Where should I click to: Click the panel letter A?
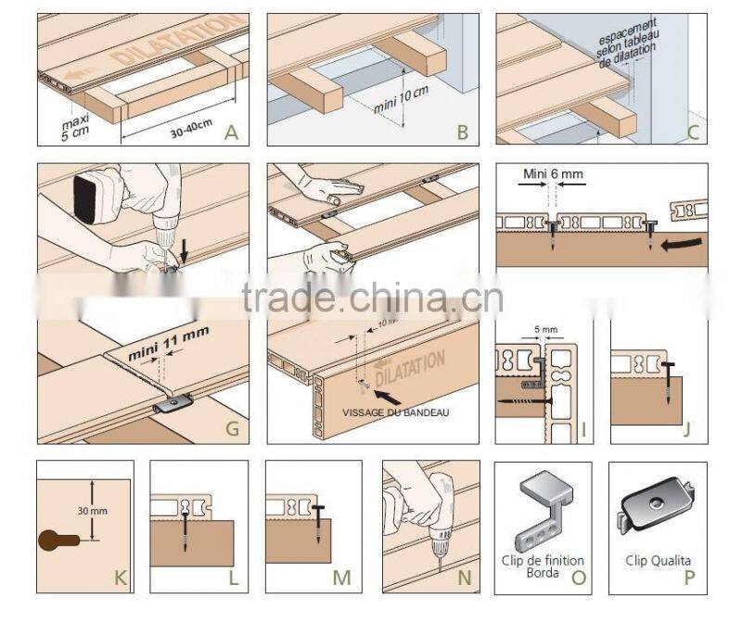231,133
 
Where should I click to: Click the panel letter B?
462,133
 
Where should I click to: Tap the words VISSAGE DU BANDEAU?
396,413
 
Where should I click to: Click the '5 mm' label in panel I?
547,328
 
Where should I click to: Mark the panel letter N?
464,579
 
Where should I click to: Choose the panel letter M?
342,579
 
